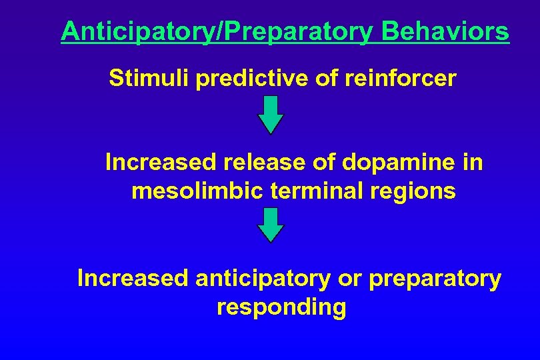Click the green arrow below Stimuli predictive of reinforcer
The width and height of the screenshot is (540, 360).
(271, 114)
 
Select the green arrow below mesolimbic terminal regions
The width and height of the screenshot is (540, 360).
(271, 225)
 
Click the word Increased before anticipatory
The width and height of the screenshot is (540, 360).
(133, 278)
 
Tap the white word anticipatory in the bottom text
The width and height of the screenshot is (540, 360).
(262, 278)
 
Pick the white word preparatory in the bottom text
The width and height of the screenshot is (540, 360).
(434, 278)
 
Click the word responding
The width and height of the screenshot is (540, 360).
(281, 307)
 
